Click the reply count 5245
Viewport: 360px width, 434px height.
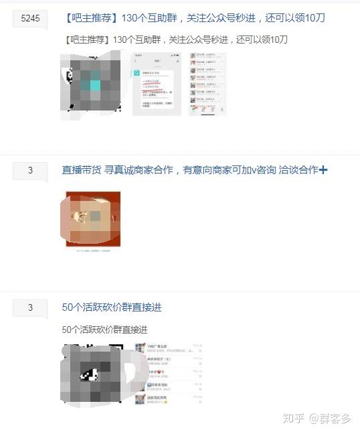point(30,19)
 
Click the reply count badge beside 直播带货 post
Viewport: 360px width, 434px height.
point(30,171)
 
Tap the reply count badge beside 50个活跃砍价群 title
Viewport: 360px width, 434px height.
point(30,308)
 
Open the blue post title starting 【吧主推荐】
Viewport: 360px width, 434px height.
point(193,18)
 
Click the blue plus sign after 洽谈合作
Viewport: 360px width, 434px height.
point(323,170)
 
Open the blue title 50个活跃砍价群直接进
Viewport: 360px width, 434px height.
point(112,307)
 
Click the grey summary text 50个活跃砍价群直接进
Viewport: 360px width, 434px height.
point(104,330)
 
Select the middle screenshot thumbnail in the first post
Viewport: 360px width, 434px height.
point(157,84)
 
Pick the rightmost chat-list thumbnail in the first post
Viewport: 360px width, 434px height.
point(207,84)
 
